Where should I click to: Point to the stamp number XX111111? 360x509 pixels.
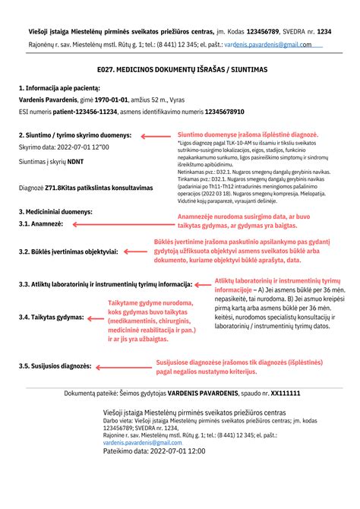click(x=285, y=394)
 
